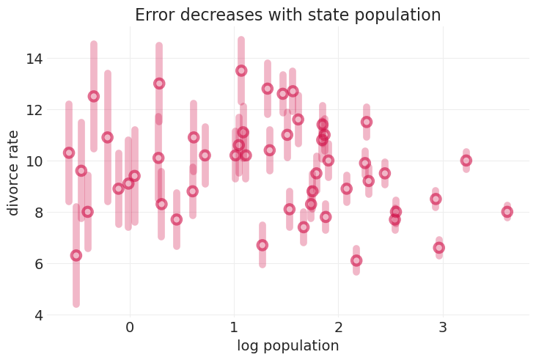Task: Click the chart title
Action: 287,15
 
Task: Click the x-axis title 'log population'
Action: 287,346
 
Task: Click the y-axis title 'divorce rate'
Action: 13,173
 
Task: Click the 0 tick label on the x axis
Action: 130,328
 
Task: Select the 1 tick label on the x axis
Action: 234,328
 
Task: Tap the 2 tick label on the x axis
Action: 338,328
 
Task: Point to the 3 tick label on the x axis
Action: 442,328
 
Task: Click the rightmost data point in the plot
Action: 507,212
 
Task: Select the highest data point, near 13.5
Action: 241,70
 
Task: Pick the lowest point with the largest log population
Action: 439,248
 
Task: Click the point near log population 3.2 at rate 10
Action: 466,161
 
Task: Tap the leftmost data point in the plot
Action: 69,153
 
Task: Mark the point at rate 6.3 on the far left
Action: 76,255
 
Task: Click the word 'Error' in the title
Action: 155,15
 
